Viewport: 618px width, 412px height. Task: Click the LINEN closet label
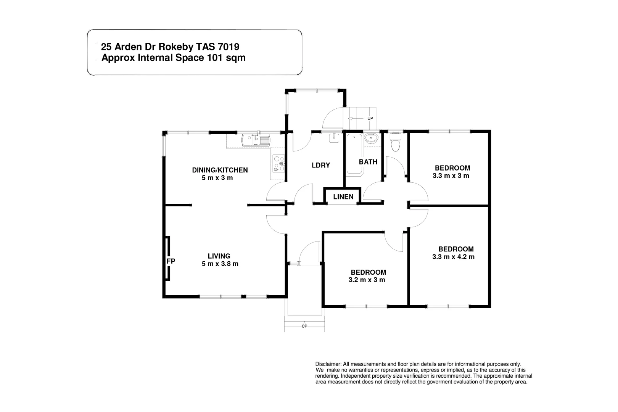click(343, 197)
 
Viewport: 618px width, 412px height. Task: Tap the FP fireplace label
click(171, 261)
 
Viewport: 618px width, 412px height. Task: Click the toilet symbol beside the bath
click(395, 143)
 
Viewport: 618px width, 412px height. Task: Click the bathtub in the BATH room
click(354, 154)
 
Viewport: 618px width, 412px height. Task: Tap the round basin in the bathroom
click(371, 138)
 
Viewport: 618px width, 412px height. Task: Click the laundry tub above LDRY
click(335, 137)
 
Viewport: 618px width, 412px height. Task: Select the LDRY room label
click(320, 165)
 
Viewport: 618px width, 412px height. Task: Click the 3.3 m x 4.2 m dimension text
click(453, 257)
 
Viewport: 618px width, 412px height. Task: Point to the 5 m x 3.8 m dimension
click(220, 264)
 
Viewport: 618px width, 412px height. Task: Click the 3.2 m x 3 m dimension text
click(367, 280)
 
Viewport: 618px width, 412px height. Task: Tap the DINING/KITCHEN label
click(220, 170)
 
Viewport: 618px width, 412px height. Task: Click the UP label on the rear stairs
click(370, 119)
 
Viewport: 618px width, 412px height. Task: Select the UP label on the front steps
click(304, 326)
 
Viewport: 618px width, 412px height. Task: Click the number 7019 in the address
click(228, 47)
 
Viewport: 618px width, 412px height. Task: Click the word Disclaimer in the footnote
click(329, 364)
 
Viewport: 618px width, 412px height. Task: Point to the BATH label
click(368, 162)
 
